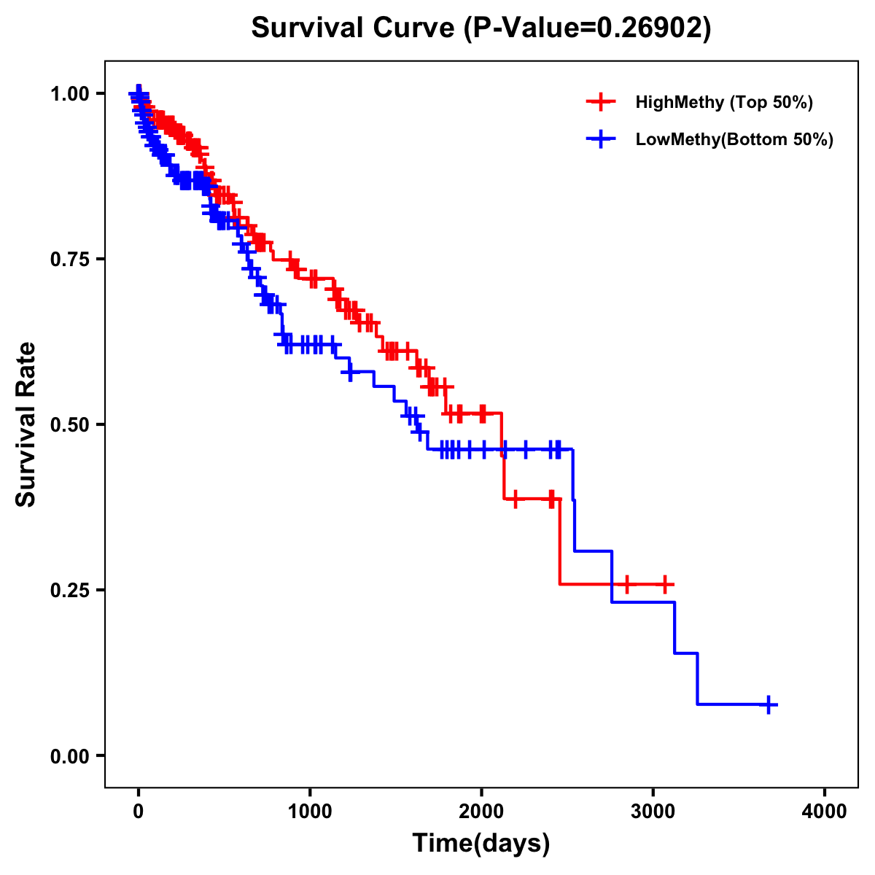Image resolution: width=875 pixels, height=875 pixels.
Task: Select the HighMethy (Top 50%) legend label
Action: point(723,102)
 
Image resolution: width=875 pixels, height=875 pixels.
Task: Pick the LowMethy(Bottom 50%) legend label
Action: point(734,139)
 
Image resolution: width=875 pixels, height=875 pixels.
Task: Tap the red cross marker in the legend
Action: point(600,102)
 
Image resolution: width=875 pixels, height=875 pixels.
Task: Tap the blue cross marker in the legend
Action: point(600,139)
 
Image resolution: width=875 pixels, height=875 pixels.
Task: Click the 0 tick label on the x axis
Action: point(139,812)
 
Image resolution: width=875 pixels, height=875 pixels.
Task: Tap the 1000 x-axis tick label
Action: point(310,812)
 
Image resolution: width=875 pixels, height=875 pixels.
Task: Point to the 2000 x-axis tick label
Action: point(481,812)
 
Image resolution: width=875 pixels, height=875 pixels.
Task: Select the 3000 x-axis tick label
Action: point(653,812)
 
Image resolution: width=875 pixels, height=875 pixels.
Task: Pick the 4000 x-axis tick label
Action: point(825,812)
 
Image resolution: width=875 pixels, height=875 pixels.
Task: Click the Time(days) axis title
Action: point(481,844)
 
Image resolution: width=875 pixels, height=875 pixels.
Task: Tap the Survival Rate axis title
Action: point(26,424)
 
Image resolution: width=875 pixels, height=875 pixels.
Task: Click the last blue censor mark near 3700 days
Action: point(769,704)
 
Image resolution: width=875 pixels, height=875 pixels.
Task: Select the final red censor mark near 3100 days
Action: point(664,584)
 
